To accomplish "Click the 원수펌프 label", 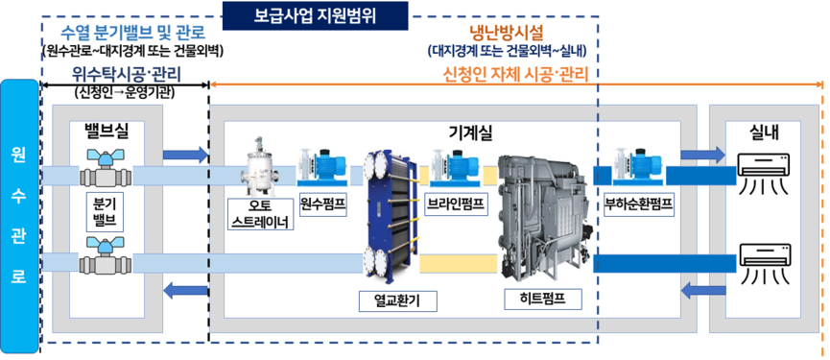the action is click(x=322, y=204).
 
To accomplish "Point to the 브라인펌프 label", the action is click(x=454, y=204).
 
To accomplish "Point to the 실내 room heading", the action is click(x=764, y=130).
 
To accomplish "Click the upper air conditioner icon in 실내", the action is click(x=766, y=171).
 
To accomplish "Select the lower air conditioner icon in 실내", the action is click(x=766, y=262).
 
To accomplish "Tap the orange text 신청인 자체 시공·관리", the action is click(x=515, y=74).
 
